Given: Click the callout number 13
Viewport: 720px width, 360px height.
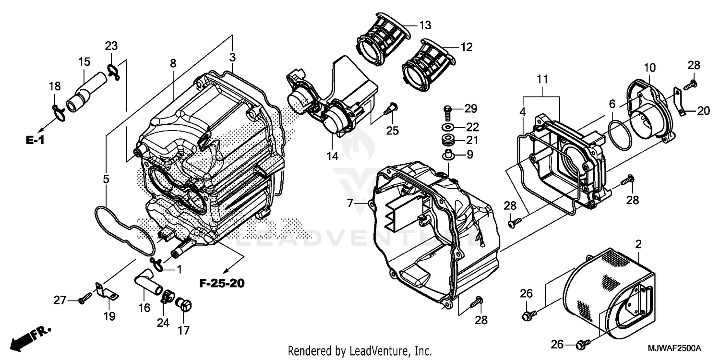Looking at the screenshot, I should tap(425, 24).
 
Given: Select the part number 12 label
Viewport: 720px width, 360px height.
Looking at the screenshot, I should tap(466, 47).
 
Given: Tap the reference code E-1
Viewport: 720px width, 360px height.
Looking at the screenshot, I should tap(35, 141).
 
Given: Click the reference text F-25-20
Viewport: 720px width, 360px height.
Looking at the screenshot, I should tap(222, 283).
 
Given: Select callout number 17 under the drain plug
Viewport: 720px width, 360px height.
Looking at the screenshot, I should tap(183, 330).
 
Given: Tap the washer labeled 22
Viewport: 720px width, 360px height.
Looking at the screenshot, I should tap(448, 127).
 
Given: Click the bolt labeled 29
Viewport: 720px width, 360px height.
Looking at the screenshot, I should tap(447, 110).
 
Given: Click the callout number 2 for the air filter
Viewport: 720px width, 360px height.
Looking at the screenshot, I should tap(638, 244).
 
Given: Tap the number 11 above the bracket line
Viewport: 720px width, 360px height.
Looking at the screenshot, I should tap(542, 79).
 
